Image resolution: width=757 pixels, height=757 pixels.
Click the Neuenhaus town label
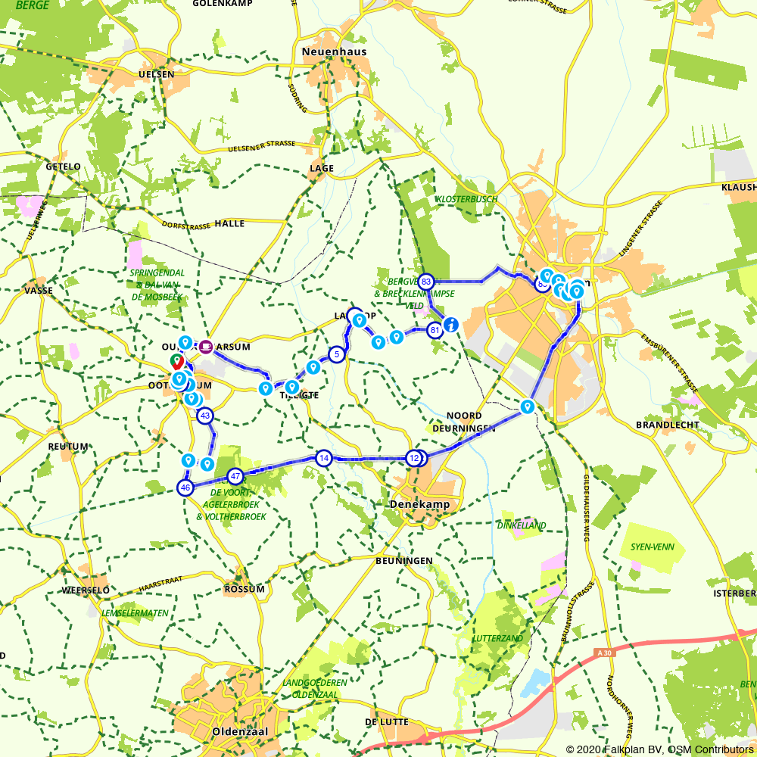pos(334,52)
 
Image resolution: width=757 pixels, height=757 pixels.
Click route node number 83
pos(426,282)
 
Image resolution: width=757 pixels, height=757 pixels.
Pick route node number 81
pos(435,330)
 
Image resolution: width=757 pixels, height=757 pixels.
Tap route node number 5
pos(336,354)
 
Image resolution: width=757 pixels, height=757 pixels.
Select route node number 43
pos(204,416)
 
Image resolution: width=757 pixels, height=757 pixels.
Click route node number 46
pos(185,488)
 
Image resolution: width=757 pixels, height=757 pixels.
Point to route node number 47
pos(235,477)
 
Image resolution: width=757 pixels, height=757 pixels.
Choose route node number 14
pos(324,458)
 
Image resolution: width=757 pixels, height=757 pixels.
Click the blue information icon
pos(451,325)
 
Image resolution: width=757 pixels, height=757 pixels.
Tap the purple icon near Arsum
pos(206,347)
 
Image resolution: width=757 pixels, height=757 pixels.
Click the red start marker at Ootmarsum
pos(177,362)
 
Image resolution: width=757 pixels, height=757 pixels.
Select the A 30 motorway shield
pos(603,653)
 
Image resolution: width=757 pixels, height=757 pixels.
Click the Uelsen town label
pos(157,74)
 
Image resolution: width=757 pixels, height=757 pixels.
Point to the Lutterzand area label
pos(497,638)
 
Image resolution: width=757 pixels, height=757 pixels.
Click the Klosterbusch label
pos(467,199)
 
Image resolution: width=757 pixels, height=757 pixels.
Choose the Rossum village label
pos(245,589)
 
